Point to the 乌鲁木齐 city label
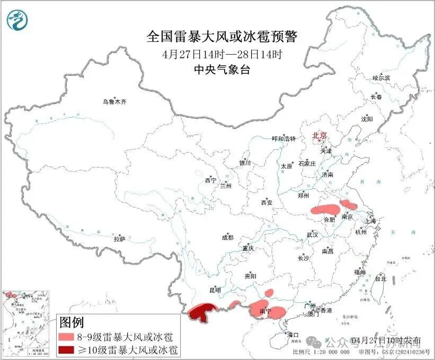115,101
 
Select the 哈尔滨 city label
380,78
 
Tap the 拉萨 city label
119,240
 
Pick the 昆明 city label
215,290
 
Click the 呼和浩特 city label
284,138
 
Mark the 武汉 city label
312,234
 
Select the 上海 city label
370,221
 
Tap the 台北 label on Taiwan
380,278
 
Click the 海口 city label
293,335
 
